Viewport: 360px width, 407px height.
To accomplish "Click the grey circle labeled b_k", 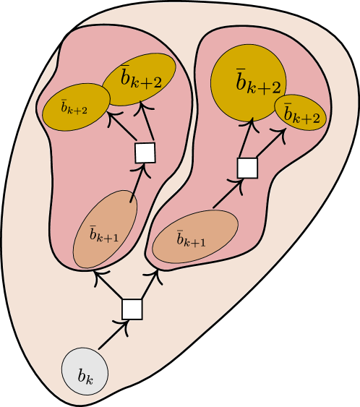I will [85, 372].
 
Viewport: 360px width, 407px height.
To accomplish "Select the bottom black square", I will [132, 309].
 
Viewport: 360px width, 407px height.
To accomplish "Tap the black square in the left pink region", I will [145, 153].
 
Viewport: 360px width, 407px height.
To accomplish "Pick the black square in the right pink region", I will [247, 168].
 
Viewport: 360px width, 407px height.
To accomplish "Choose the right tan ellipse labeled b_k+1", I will [196, 236].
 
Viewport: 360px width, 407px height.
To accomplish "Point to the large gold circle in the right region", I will [248, 82].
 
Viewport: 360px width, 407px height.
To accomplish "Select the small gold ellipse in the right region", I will [301, 113].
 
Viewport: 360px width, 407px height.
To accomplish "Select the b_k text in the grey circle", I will [85, 377].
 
